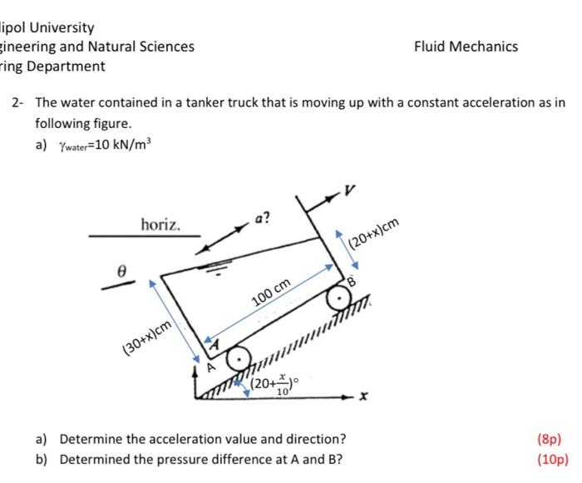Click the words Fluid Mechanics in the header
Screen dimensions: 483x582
click(x=466, y=47)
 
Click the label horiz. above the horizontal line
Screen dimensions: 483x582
click(x=160, y=224)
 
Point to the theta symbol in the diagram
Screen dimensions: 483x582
click(x=121, y=270)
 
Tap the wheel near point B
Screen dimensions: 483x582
click(x=338, y=297)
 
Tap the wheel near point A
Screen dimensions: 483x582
click(x=239, y=357)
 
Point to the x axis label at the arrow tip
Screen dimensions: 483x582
click(x=363, y=400)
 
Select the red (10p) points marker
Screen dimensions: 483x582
click(x=552, y=458)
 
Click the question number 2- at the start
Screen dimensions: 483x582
click(x=17, y=102)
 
